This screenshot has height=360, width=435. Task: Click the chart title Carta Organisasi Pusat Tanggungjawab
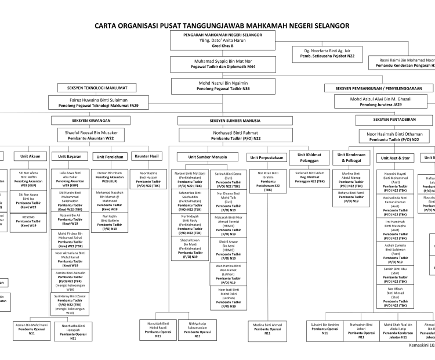217,26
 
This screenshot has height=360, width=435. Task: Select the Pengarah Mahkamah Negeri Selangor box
221,41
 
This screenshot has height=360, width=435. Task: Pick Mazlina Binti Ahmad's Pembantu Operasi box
267,329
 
